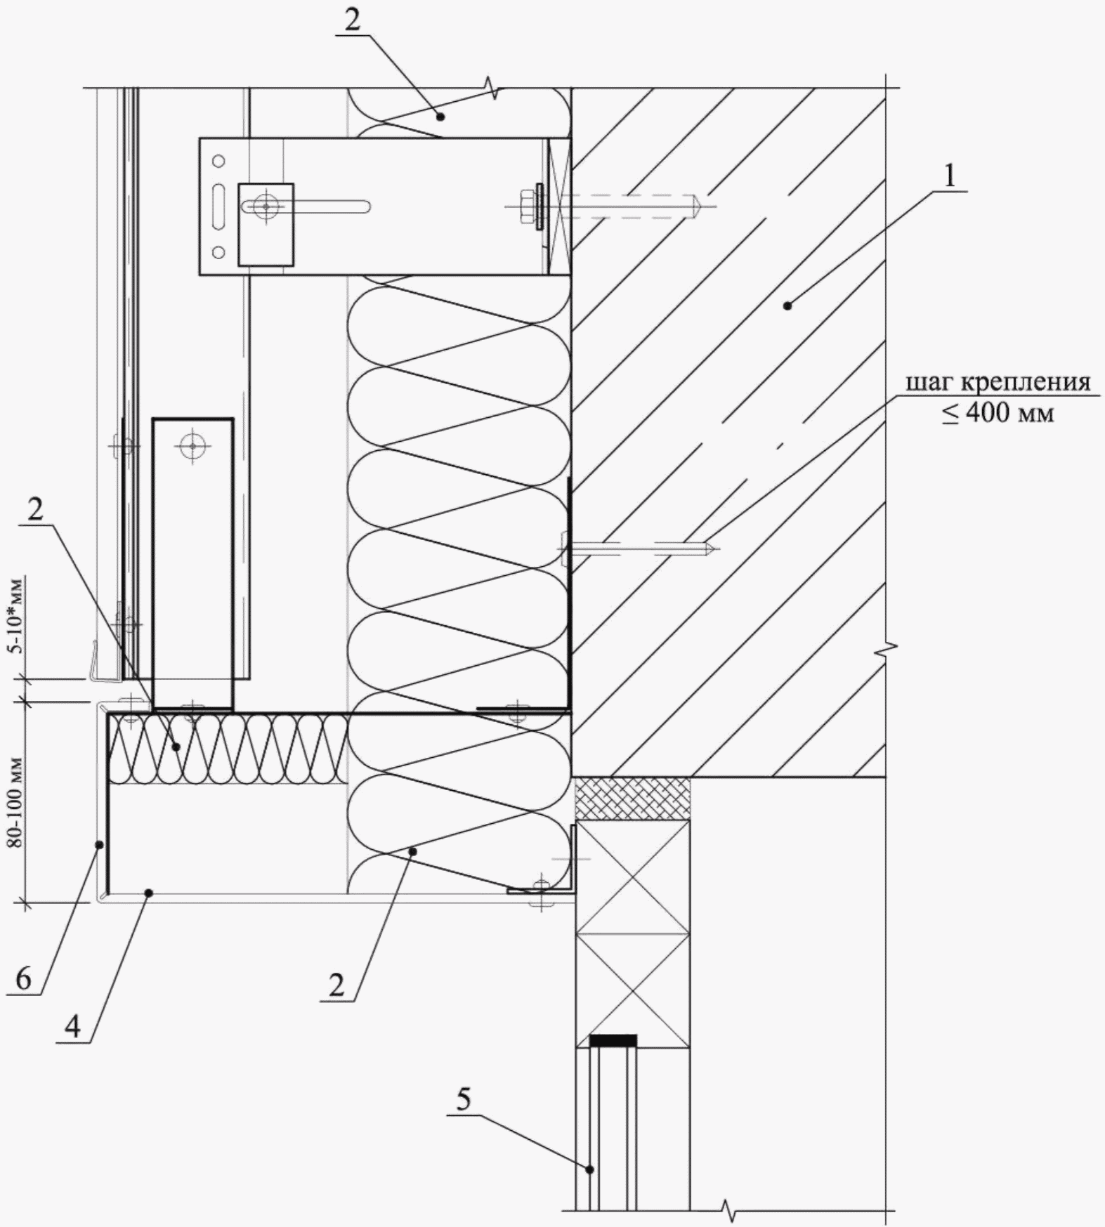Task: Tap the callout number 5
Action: click(x=464, y=1099)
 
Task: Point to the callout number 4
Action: click(x=72, y=1028)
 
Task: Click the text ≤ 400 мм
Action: click(x=998, y=413)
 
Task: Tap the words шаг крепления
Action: click(x=998, y=383)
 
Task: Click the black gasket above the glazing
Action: click(x=613, y=1040)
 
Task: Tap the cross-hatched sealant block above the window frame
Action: click(x=632, y=798)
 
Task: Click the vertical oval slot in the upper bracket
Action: click(x=218, y=206)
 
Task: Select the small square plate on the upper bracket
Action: click(x=266, y=225)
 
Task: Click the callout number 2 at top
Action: click(x=352, y=20)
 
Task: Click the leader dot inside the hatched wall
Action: click(x=787, y=306)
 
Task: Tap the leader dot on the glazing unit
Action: click(x=591, y=1169)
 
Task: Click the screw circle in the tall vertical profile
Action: click(x=191, y=445)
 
